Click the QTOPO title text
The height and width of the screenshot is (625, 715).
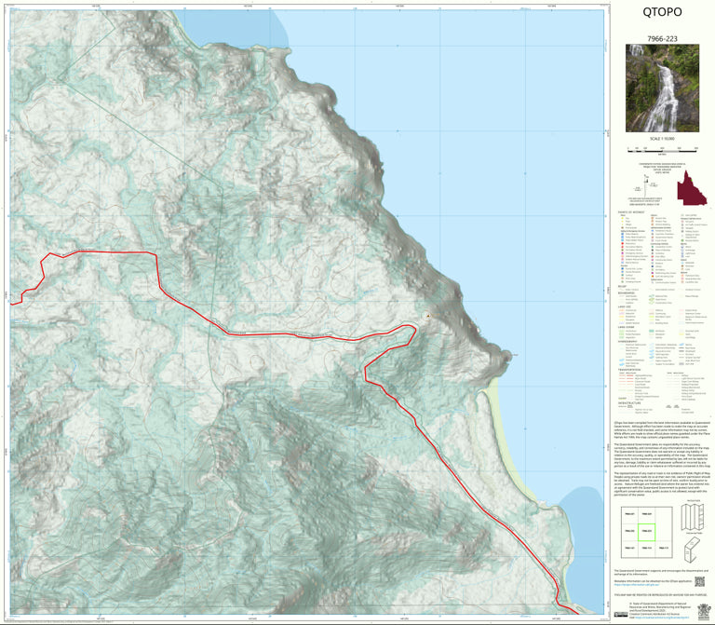pyautogui.click(x=662, y=13)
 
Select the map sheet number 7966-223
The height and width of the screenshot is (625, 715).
pyautogui.click(x=662, y=39)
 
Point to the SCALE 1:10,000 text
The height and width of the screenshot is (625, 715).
pyautogui.click(x=662, y=139)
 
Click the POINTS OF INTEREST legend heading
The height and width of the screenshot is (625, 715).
pyautogui.click(x=630, y=212)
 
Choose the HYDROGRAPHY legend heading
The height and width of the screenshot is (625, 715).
pyautogui.click(x=630, y=340)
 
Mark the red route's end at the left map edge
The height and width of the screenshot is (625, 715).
pyautogui.click(x=11, y=302)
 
